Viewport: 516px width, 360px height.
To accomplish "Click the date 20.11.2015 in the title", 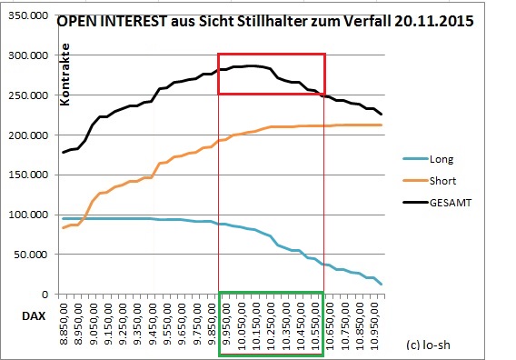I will tap(428, 21).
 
